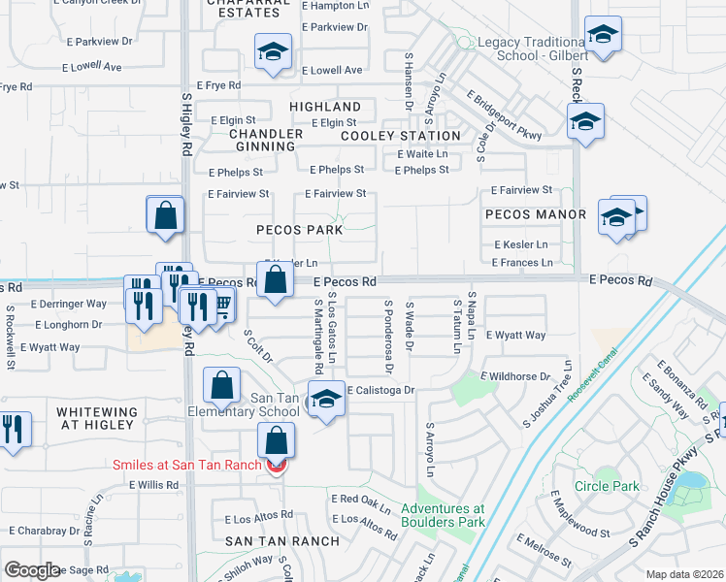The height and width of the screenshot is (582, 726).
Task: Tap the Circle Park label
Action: coord(607,486)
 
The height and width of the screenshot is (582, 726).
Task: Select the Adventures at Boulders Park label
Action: coord(443,515)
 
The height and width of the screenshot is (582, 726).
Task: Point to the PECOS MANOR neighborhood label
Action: coord(538,214)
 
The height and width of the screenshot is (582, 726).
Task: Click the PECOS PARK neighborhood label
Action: coord(299,230)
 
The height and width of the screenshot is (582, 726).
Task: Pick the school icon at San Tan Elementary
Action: coord(327,401)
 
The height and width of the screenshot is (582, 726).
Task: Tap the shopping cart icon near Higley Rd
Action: coord(222,307)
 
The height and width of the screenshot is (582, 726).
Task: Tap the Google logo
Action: coord(32,570)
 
